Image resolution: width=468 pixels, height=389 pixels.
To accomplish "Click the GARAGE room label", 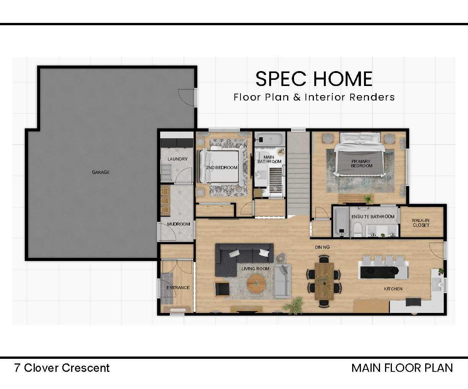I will (101, 172).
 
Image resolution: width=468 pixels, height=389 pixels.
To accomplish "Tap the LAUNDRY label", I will (177, 159).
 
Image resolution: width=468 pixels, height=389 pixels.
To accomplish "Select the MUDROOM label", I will (178, 224).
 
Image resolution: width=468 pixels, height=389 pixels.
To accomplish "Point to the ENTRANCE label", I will (178, 288).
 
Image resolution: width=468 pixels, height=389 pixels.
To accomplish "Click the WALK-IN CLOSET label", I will (421, 223).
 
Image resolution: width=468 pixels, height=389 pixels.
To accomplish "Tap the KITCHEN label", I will (393, 289).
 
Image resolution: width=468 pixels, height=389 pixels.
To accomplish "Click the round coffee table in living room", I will (256, 283).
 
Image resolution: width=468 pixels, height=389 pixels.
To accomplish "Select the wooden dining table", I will (324, 281).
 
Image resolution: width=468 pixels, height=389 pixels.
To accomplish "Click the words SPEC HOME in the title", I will (314, 79).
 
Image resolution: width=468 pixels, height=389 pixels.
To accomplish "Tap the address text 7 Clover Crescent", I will (62, 368).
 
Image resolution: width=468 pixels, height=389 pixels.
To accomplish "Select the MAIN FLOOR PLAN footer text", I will (402, 368).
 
